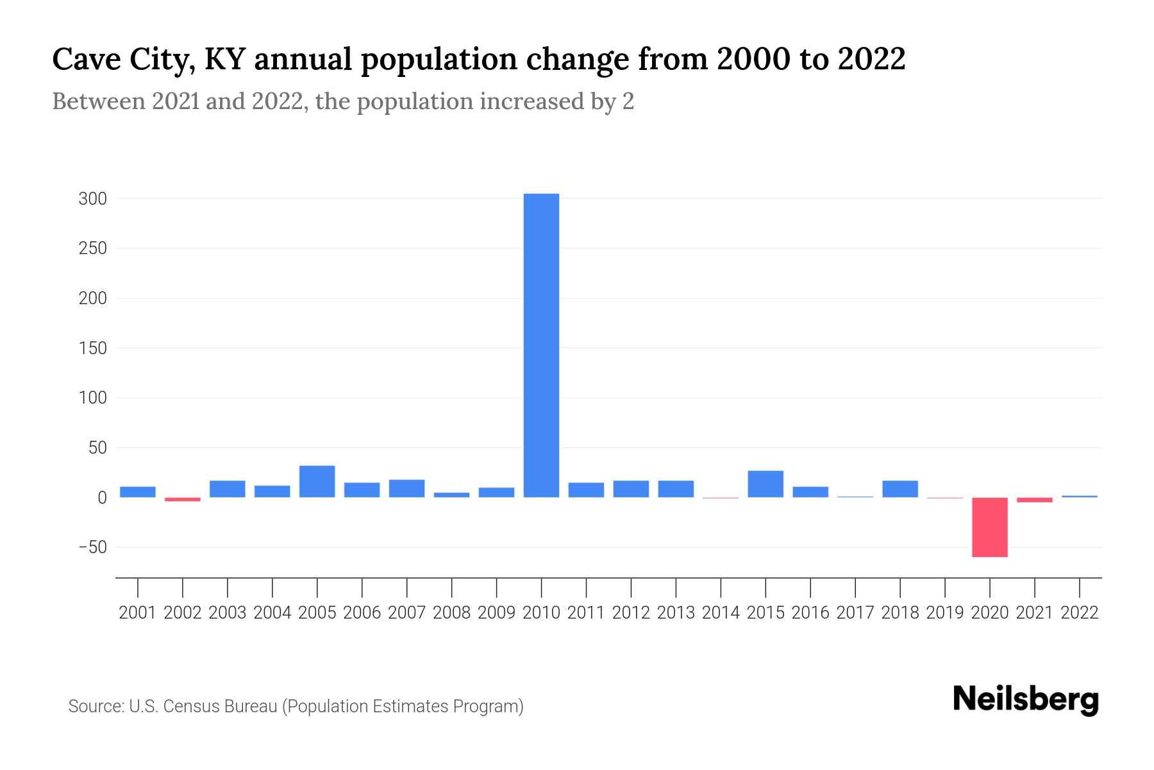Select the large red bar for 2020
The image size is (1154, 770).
989,527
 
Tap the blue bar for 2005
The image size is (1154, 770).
317,481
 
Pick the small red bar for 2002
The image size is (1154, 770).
183,499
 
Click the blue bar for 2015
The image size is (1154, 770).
765,484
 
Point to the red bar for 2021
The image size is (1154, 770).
1034,500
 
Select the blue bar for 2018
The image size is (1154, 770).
900,489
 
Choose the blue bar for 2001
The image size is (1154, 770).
138,492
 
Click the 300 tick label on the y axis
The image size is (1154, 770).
92,199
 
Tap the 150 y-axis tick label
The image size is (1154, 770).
92,348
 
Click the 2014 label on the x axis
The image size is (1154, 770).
721,613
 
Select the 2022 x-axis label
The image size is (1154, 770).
1080,613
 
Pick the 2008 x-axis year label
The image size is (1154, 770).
451,613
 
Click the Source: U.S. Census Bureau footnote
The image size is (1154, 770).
296,706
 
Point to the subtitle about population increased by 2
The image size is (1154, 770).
343,101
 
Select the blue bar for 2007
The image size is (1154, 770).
406,488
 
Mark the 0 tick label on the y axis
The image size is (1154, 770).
102,498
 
